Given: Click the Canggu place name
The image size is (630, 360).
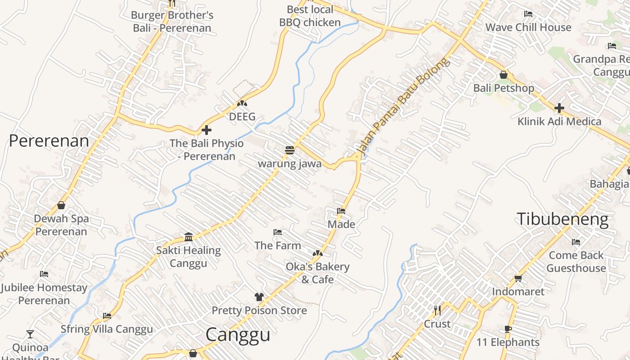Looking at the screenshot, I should tap(238, 335).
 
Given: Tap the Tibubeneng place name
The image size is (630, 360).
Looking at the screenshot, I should tap(562, 219).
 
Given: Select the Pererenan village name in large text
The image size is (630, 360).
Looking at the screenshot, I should tap(49, 141).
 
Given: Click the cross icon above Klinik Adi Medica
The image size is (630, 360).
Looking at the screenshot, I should tap(559, 108).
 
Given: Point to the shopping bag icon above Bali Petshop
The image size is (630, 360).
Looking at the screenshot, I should tap(504, 75).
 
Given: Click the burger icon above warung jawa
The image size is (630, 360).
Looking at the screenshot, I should tap(289, 150).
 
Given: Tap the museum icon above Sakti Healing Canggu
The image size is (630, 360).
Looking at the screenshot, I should tap(189, 237).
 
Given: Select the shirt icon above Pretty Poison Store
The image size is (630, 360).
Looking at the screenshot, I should tap(259, 297).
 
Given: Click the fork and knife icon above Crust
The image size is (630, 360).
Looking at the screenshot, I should tap(437, 310).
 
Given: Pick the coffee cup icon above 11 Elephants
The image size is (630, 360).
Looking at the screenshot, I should tap(508, 329).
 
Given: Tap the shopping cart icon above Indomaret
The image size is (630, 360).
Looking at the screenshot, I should tap(518, 278).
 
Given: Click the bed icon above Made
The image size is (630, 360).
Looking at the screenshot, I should tap(341, 211).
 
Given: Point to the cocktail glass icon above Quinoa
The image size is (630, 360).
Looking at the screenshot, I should tap(30, 334).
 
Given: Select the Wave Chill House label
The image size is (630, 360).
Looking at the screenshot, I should tap(528, 27).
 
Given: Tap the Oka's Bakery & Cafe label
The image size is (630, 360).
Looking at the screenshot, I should tap(318, 273).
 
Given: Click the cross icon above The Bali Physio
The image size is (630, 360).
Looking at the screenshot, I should tap(207, 130).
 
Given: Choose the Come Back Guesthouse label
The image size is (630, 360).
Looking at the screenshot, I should tap(576, 261).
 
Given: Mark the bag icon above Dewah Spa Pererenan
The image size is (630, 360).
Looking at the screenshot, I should tap(61, 205).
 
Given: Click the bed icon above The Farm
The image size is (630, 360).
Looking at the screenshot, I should tap(278, 232).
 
